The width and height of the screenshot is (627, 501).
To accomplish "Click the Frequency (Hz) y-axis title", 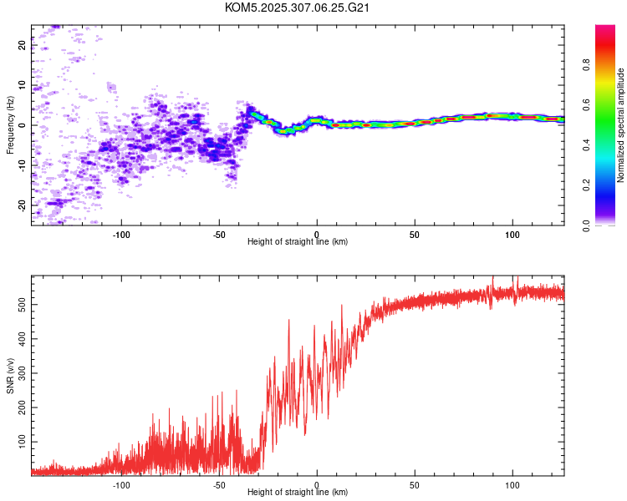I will (x=10, y=125).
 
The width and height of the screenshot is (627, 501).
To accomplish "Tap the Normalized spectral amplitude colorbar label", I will (x=620, y=125).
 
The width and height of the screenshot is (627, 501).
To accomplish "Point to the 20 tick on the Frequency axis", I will (x=22, y=46).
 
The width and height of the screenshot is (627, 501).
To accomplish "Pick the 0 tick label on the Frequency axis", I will (x=22, y=125).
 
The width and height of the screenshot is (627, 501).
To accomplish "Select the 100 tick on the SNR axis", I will (x=22, y=440).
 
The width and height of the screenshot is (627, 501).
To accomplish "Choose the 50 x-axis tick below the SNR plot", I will (x=414, y=483).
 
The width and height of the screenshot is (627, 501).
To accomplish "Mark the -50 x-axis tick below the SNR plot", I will (x=219, y=483).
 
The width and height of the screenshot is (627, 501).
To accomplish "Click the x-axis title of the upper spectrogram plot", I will (x=298, y=241).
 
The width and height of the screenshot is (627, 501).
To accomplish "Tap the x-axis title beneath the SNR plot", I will (x=298, y=493).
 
